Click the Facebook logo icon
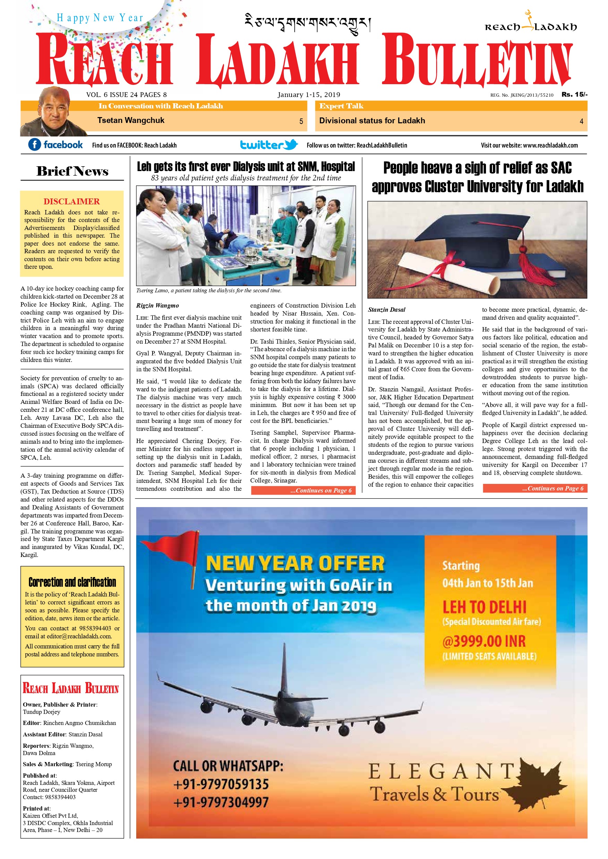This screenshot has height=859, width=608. coord(34,144)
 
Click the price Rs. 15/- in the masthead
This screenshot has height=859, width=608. coord(574,94)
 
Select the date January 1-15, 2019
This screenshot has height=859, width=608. coord(309,95)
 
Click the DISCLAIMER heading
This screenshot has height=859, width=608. coord(71,201)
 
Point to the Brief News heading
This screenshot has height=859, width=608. coord(72,171)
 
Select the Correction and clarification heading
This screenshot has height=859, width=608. coord(72,582)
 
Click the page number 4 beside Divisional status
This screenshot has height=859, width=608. coord(581,121)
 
